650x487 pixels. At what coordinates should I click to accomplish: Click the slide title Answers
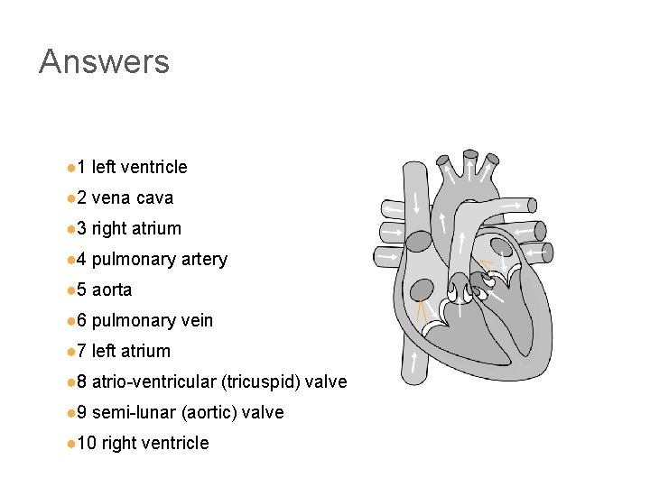[104, 61]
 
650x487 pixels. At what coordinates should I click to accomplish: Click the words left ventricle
[139, 167]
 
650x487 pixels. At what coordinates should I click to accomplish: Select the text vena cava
[132, 198]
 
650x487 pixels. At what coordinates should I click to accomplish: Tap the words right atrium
[136, 228]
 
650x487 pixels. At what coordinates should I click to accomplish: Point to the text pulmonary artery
[159, 259]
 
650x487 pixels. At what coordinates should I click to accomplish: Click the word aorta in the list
[112, 289]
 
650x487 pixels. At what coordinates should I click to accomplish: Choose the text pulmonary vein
[152, 320]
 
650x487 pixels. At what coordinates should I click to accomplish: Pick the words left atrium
[131, 351]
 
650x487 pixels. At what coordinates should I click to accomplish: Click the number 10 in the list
[86, 443]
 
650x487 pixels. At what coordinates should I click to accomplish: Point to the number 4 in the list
[80, 259]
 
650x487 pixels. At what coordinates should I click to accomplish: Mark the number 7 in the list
[80, 351]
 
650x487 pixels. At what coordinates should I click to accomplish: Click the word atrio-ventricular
[153, 381]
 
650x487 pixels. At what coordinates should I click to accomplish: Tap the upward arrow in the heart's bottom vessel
[414, 363]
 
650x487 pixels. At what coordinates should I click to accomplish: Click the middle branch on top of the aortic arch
[469, 163]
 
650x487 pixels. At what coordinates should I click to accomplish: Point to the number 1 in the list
[80, 167]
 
